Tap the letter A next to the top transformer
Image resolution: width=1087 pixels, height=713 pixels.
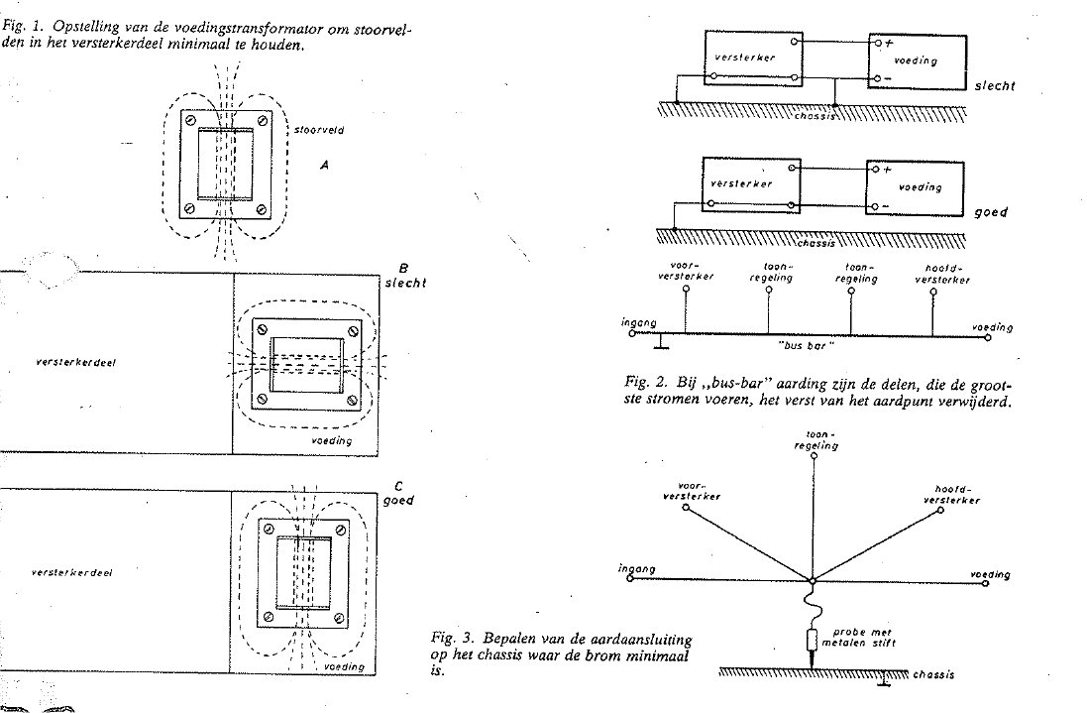point(324,168)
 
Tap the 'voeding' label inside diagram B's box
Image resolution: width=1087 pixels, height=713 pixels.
point(328,438)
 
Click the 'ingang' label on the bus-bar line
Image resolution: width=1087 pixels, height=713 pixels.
point(634,322)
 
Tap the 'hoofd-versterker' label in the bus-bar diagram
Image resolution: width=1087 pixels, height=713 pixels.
point(941,274)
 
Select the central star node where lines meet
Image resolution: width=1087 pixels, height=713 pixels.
point(812,580)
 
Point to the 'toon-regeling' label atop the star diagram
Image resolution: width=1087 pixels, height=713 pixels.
point(817,440)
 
